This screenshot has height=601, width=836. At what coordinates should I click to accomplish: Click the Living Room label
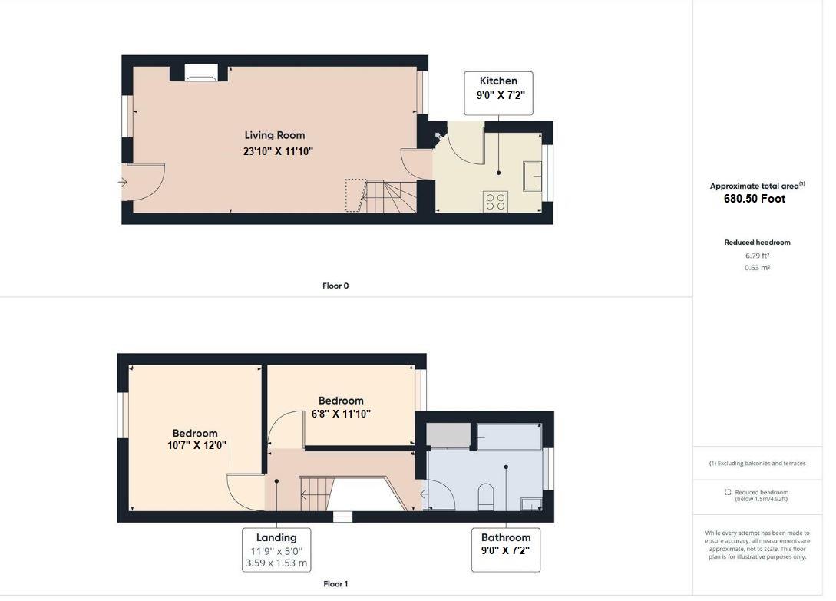click(x=275, y=135)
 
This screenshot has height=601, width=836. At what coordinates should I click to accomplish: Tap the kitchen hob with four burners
click(x=495, y=202)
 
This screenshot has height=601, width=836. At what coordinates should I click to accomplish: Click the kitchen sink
click(x=534, y=176)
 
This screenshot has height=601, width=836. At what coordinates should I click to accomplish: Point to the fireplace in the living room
click(x=200, y=73)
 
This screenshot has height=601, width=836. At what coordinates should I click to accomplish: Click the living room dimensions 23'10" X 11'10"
click(x=278, y=152)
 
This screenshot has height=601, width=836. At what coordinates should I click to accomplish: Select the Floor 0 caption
click(x=335, y=286)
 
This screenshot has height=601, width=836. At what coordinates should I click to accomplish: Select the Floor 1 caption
click(x=335, y=584)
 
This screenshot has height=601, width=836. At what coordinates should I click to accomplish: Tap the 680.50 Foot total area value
click(x=755, y=199)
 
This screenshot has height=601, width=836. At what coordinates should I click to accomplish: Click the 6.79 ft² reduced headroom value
click(x=757, y=256)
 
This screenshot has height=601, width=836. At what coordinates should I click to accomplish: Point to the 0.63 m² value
click(x=757, y=268)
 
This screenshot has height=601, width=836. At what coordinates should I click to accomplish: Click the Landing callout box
click(x=276, y=550)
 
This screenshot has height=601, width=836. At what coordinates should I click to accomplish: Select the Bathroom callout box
click(x=506, y=550)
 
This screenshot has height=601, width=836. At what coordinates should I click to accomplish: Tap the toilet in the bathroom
click(x=485, y=497)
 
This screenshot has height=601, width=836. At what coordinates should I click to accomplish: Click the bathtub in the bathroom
click(x=508, y=435)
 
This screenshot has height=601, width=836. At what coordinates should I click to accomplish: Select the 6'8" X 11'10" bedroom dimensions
click(x=341, y=414)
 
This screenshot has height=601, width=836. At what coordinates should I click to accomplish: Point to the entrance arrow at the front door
click(x=122, y=182)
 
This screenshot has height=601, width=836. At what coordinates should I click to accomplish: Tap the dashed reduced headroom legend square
click(x=727, y=492)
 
